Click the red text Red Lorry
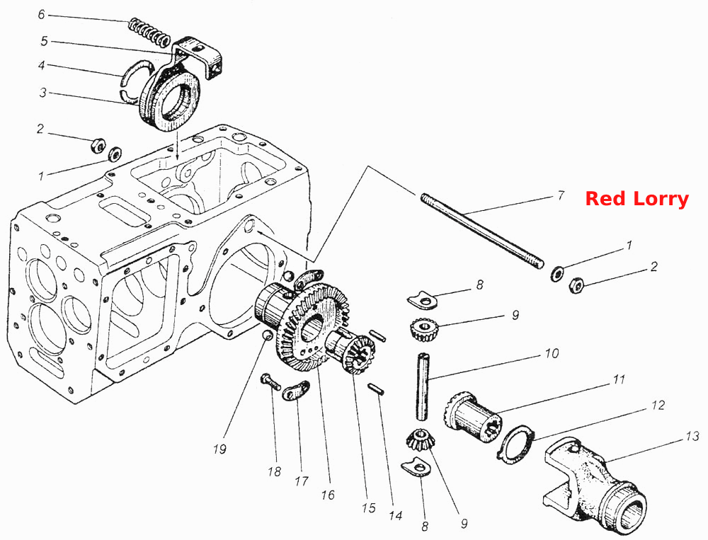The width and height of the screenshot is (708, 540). click(636, 199)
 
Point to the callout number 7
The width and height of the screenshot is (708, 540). click(560, 196)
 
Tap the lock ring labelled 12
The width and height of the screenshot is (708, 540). click(515, 444)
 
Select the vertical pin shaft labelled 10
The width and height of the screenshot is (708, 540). click(423, 386)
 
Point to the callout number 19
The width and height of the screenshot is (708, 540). click(219, 449)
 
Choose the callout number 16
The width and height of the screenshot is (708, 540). click(328, 495)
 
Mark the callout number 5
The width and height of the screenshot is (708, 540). click(44, 41)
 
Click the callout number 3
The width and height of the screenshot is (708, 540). click(43, 93)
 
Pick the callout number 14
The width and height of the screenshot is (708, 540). click(396, 515)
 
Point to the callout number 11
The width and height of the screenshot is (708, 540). click(619, 379)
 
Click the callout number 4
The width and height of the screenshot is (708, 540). click(42, 66)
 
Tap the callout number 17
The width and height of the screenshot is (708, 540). click(301, 481)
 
